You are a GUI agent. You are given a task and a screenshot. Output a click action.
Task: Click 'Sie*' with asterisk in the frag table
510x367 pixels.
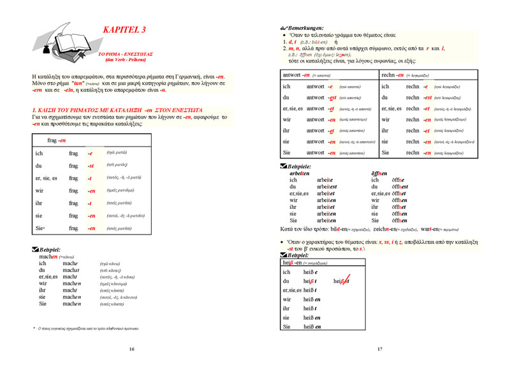tap(40, 227)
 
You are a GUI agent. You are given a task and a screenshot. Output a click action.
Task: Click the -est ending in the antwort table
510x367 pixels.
tap(331, 97)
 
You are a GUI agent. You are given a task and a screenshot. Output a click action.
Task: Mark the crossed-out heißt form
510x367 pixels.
tap(342, 281)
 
